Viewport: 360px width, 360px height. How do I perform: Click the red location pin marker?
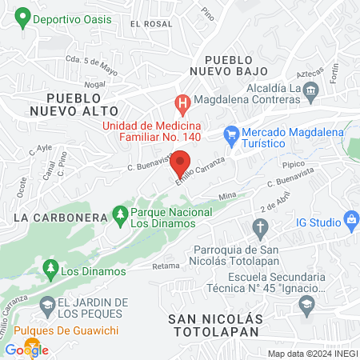tap(181, 160)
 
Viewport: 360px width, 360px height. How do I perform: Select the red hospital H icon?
tap(182, 103)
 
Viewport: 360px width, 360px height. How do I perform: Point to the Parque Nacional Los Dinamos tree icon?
tap(120, 214)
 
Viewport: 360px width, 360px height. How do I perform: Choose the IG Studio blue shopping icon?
tap(350, 218)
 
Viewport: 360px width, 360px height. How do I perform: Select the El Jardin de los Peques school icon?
tap(48, 303)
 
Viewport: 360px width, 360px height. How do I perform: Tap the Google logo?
tap(26, 350)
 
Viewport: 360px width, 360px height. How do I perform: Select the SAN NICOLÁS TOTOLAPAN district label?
tap(214, 324)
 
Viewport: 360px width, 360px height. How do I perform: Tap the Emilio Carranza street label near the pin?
tap(200, 171)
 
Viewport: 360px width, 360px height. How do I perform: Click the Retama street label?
tap(166, 266)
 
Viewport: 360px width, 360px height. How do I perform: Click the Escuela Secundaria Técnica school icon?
tap(306, 303)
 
